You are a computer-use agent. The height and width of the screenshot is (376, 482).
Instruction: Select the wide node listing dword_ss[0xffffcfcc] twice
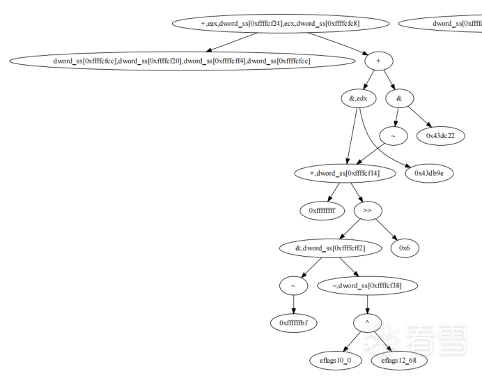[x=182, y=61]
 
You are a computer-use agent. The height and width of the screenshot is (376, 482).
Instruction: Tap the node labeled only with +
[x=378, y=61]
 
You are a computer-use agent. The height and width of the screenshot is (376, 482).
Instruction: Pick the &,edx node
[x=358, y=98]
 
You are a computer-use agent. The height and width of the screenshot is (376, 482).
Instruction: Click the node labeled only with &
[x=399, y=98]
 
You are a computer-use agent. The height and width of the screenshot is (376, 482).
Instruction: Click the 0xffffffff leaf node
[x=322, y=209]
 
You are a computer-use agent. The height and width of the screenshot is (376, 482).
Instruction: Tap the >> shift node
[x=367, y=209]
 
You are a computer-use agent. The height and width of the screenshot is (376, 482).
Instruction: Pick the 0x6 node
[x=404, y=247]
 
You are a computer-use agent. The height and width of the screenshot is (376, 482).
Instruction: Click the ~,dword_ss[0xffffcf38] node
[x=359, y=285]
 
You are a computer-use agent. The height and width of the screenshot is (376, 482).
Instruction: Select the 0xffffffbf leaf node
[x=293, y=322]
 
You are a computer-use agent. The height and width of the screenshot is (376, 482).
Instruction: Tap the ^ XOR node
[x=367, y=322]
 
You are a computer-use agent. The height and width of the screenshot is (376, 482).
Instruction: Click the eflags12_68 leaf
[x=399, y=360]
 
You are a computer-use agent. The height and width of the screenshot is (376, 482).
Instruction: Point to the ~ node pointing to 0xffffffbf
[x=293, y=285]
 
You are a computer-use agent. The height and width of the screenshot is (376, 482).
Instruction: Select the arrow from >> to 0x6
[x=387, y=229]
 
